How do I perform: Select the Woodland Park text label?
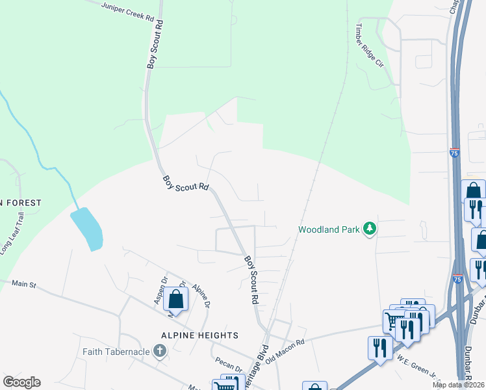[329, 229]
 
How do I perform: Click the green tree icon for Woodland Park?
[370, 228]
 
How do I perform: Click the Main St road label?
[25, 283]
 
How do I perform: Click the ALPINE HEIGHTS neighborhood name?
[201, 335]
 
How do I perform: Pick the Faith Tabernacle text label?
[116, 352]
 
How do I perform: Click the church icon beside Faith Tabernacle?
[160, 352]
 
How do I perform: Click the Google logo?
[21, 382]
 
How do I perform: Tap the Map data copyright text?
[458, 385]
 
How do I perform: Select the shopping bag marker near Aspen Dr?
[175, 299]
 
